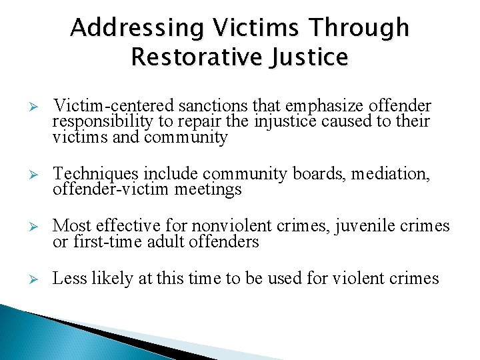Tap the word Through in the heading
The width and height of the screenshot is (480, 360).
[x=363, y=28]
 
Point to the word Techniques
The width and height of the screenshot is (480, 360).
[x=93, y=174]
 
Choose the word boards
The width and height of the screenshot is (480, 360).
[x=313, y=174]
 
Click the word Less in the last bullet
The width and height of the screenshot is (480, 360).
[x=68, y=278]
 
